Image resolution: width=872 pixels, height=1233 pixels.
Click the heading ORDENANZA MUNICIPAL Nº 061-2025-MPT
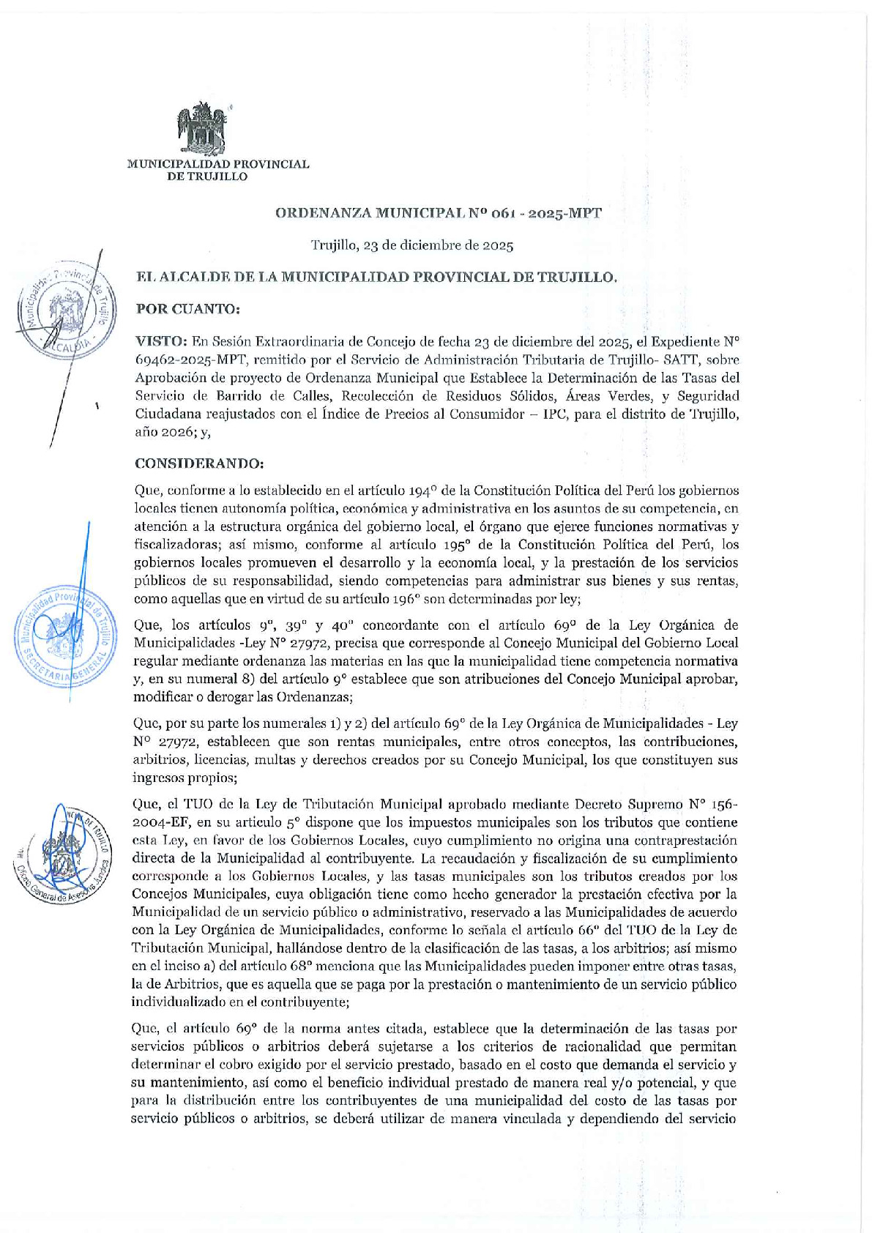click(x=438, y=213)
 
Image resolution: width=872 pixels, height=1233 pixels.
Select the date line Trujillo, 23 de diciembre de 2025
click(x=411, y=245)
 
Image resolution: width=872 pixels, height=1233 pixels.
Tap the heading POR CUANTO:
click(x=187, y=309)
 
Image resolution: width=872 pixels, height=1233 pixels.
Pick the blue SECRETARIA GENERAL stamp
click(x=64, y=634)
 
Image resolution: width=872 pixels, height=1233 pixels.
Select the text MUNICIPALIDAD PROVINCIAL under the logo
click(x=218, y=164)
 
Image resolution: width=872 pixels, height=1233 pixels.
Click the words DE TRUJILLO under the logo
click(x=208, y=176)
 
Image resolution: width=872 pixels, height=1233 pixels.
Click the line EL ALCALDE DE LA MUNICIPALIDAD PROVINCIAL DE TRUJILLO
click(x=377, y=277)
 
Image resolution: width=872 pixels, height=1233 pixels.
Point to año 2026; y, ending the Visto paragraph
click(x=172, y=432)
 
